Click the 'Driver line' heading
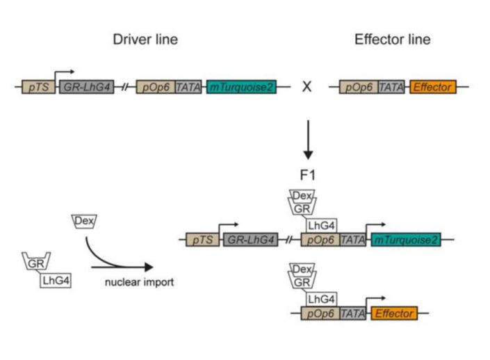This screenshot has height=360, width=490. (x=145, y=40)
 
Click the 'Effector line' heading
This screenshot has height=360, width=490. (x=392, y=40)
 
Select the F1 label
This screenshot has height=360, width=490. (x=307, y=174)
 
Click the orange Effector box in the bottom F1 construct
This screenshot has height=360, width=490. (x=394, y=313)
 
